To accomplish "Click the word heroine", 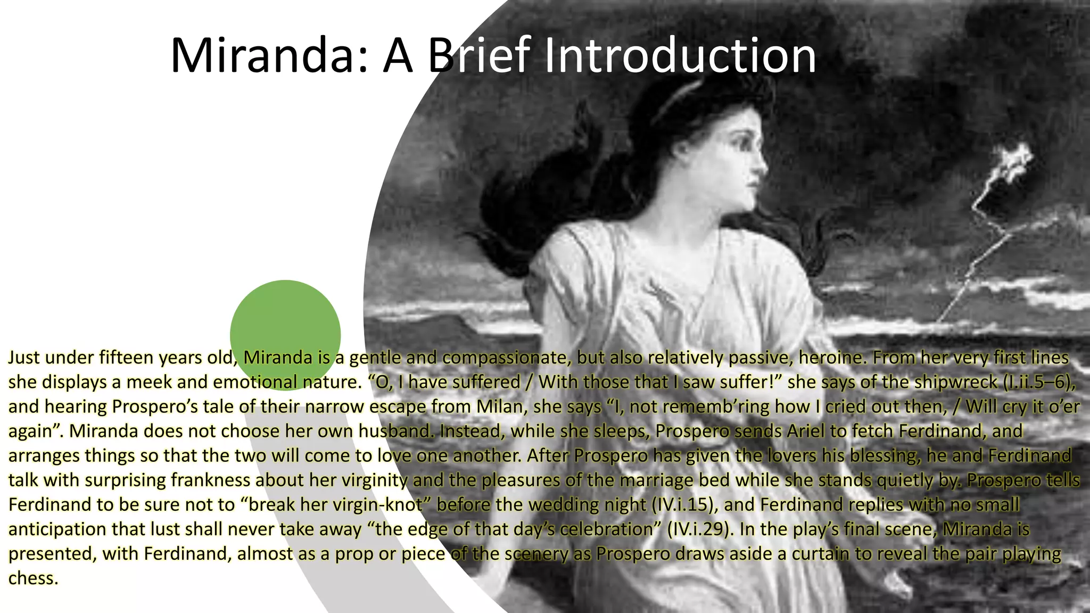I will [x=827, y=358].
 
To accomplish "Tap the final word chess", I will [x=33, y=578].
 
